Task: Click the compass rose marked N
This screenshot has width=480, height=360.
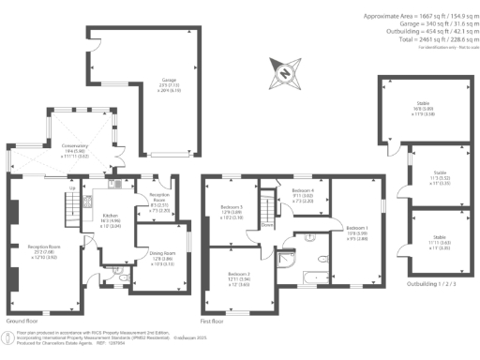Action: click(x=284, y=70)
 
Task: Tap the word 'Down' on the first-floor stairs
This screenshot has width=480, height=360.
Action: click(x=267, y=224)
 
